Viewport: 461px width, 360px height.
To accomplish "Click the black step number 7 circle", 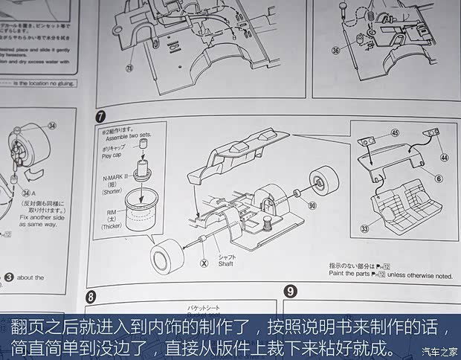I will tap(99, 118).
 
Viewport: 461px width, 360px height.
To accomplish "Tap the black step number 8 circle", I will tap(91, 296).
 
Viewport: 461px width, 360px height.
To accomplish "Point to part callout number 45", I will tap(394, 133).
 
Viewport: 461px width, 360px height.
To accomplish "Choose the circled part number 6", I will tap(438, 179).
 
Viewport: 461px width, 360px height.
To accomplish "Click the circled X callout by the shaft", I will tap(204, 262).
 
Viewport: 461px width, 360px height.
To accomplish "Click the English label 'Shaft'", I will tap(227, 263).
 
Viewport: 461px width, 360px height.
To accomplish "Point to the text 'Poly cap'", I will tap(112, 158).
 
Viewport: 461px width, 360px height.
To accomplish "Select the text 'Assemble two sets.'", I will tap(129, 138).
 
